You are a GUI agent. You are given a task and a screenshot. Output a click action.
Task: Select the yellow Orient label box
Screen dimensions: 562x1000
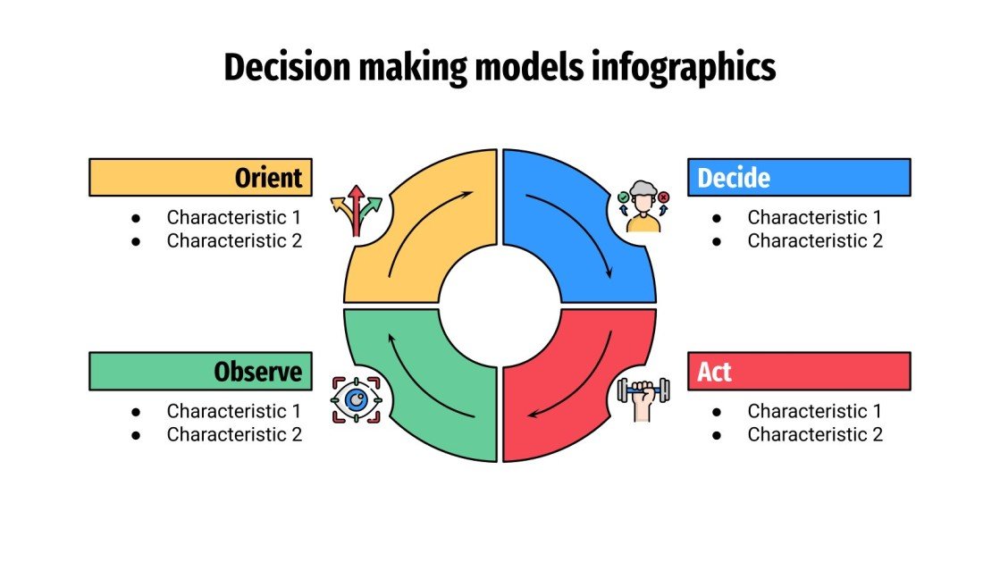pos(200,177)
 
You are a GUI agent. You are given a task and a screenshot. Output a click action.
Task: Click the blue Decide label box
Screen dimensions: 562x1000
pos(798,177)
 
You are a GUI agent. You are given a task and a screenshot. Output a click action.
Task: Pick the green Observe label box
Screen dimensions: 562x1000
pos(200,371)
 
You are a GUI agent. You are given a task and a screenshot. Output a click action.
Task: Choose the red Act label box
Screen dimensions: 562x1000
pos(798,371)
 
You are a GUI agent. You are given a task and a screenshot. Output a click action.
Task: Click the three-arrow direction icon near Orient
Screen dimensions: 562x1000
pos(356,211)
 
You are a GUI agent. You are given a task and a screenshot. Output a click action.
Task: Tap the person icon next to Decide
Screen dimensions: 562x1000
pos(643,206)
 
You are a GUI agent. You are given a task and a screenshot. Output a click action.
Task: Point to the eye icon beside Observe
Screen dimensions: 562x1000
pos(356,399)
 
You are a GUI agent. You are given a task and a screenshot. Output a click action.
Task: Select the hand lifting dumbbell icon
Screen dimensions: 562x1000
pos(643,398)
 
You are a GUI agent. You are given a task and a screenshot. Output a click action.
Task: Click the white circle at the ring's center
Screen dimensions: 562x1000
pos(500,306)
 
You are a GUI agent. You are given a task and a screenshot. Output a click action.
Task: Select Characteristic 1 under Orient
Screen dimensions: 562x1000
pos(234,217)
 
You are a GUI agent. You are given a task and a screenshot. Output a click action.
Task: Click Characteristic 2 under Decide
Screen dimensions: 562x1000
pos(815,240)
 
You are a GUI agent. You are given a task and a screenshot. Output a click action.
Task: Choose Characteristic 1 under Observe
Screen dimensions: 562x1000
pos(234,411)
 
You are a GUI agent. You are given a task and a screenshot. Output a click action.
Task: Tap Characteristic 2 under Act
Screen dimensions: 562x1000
pos(815,434)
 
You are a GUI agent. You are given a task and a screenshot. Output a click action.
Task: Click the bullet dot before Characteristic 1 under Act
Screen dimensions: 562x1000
pos(717,412)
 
